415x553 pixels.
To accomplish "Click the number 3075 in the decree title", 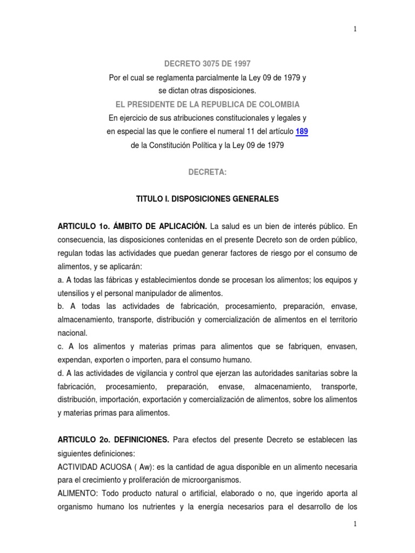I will click(x=205, y=64).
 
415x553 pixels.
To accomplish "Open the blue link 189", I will click(x=302, y=131).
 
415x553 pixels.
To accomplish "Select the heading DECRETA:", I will click(x=207, y=172).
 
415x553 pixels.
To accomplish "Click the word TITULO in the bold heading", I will click(x=149, y=199).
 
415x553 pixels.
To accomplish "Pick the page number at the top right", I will click(x=355, y=29).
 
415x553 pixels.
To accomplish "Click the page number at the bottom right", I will click(x=355, y=524).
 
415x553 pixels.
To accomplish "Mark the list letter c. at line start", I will click(x=61, y=347).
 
